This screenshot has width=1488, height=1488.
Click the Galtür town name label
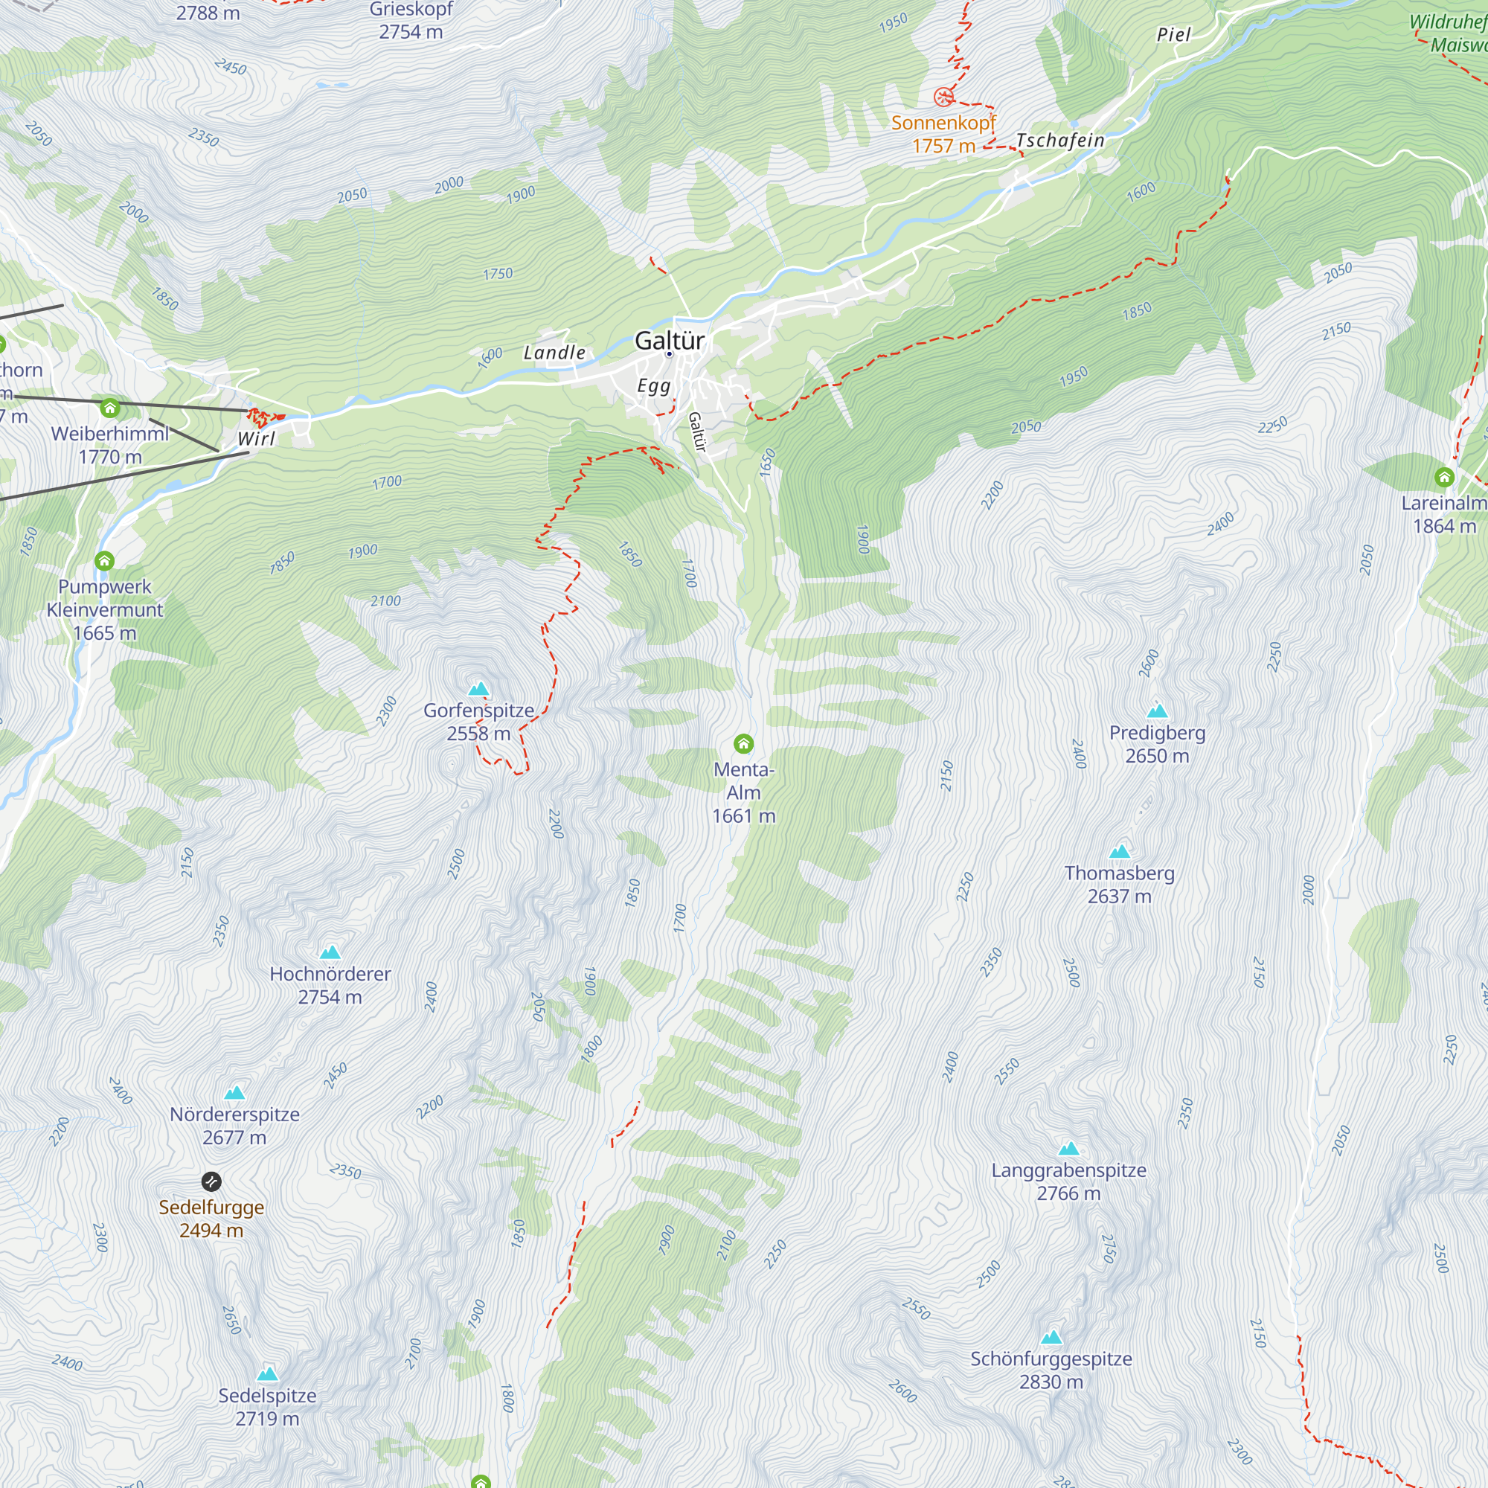point(669,341)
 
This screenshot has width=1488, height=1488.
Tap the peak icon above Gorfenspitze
point(479,687)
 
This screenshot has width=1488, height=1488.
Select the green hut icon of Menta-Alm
point(743,743)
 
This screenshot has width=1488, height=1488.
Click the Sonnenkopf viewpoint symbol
point(943,97)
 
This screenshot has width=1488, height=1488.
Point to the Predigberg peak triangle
point(1157,710)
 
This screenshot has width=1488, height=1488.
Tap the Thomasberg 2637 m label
point(1119,884)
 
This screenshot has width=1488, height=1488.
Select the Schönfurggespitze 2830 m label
point(1051,1370)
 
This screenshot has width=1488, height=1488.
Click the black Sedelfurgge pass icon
point(211,1181)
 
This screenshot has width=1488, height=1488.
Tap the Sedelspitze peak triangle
point(267,1373)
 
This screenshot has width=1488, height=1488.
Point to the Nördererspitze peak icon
point(234,1092)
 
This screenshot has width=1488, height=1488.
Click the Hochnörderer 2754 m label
point(330,984)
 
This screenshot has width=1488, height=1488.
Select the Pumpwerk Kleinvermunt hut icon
point(105,561)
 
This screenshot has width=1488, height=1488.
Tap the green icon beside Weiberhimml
point(110,408)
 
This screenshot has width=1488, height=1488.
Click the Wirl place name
point(256,439)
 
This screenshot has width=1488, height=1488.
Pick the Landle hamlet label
point(554,353)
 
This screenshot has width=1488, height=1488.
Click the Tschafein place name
point(1059,140)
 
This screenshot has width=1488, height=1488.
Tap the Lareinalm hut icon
point(1444,478)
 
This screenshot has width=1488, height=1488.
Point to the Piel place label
point(1173,35)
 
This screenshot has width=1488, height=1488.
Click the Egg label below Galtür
point(653,386)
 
